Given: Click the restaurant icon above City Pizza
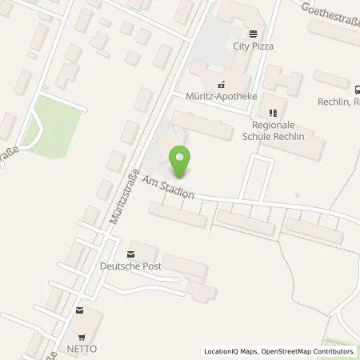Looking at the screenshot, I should click(254, 34).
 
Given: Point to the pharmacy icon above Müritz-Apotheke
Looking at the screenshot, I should click(221, 83).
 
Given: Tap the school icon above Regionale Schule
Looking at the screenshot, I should click(274, 114).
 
